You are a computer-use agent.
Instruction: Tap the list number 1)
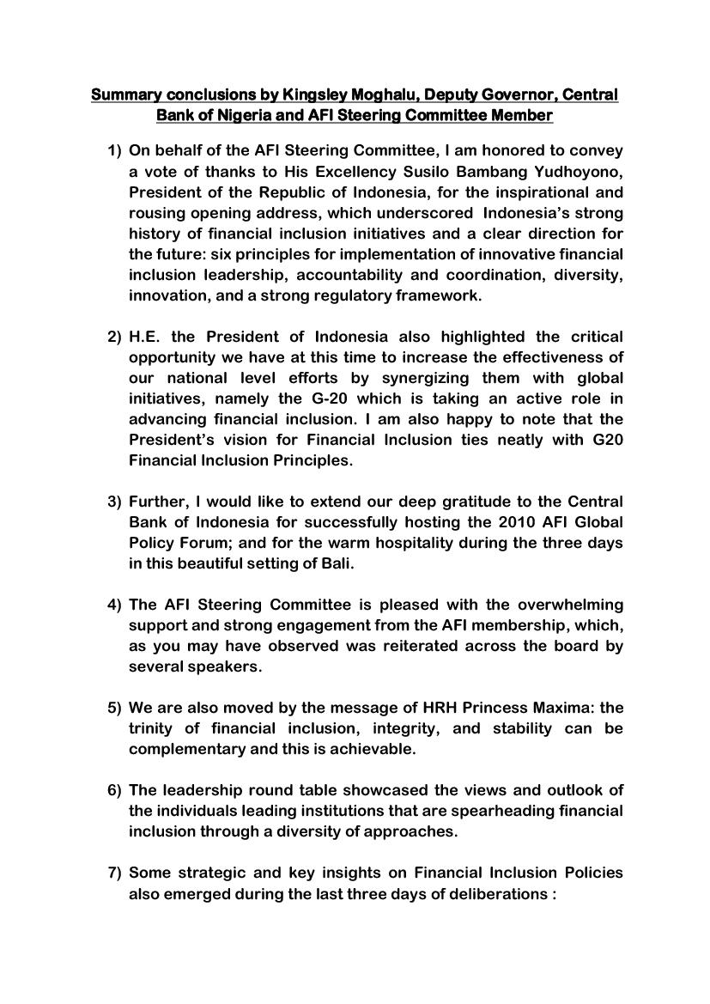pos(114,150)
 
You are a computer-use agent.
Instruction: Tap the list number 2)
pos(114,336)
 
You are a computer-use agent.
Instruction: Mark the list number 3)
pos(114,501)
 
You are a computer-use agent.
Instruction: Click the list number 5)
pos(114,707)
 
